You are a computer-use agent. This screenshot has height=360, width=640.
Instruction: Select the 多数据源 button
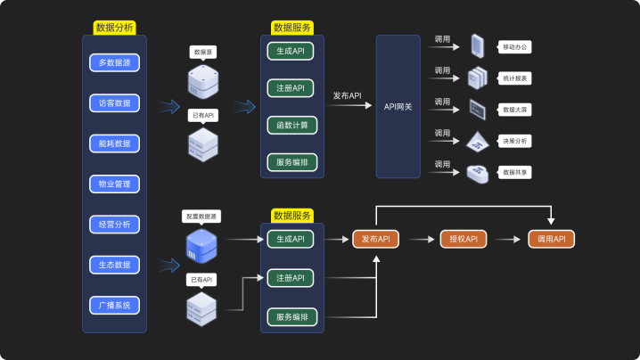114,62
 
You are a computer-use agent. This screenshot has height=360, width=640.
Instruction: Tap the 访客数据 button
114,102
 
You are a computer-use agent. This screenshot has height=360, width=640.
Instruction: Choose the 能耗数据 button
114,143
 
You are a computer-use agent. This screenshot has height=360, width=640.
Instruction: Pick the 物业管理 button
114,184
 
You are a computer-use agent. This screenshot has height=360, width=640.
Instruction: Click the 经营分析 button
114,225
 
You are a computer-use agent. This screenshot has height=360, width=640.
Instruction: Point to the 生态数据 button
114,265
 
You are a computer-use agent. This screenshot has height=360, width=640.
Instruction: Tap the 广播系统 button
114,306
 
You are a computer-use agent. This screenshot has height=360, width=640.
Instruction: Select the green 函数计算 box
291,125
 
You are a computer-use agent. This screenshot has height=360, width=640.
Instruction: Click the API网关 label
398,106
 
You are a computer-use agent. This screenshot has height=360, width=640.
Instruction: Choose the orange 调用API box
552,239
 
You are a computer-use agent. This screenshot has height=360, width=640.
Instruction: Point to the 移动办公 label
516,46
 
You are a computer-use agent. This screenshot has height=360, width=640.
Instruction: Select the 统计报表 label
516,78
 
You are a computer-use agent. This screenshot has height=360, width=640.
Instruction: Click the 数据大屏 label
516,109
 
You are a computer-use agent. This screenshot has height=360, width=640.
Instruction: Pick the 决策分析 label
516,141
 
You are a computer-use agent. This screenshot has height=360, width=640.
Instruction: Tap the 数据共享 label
516,172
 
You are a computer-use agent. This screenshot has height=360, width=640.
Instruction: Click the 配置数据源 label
201,217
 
